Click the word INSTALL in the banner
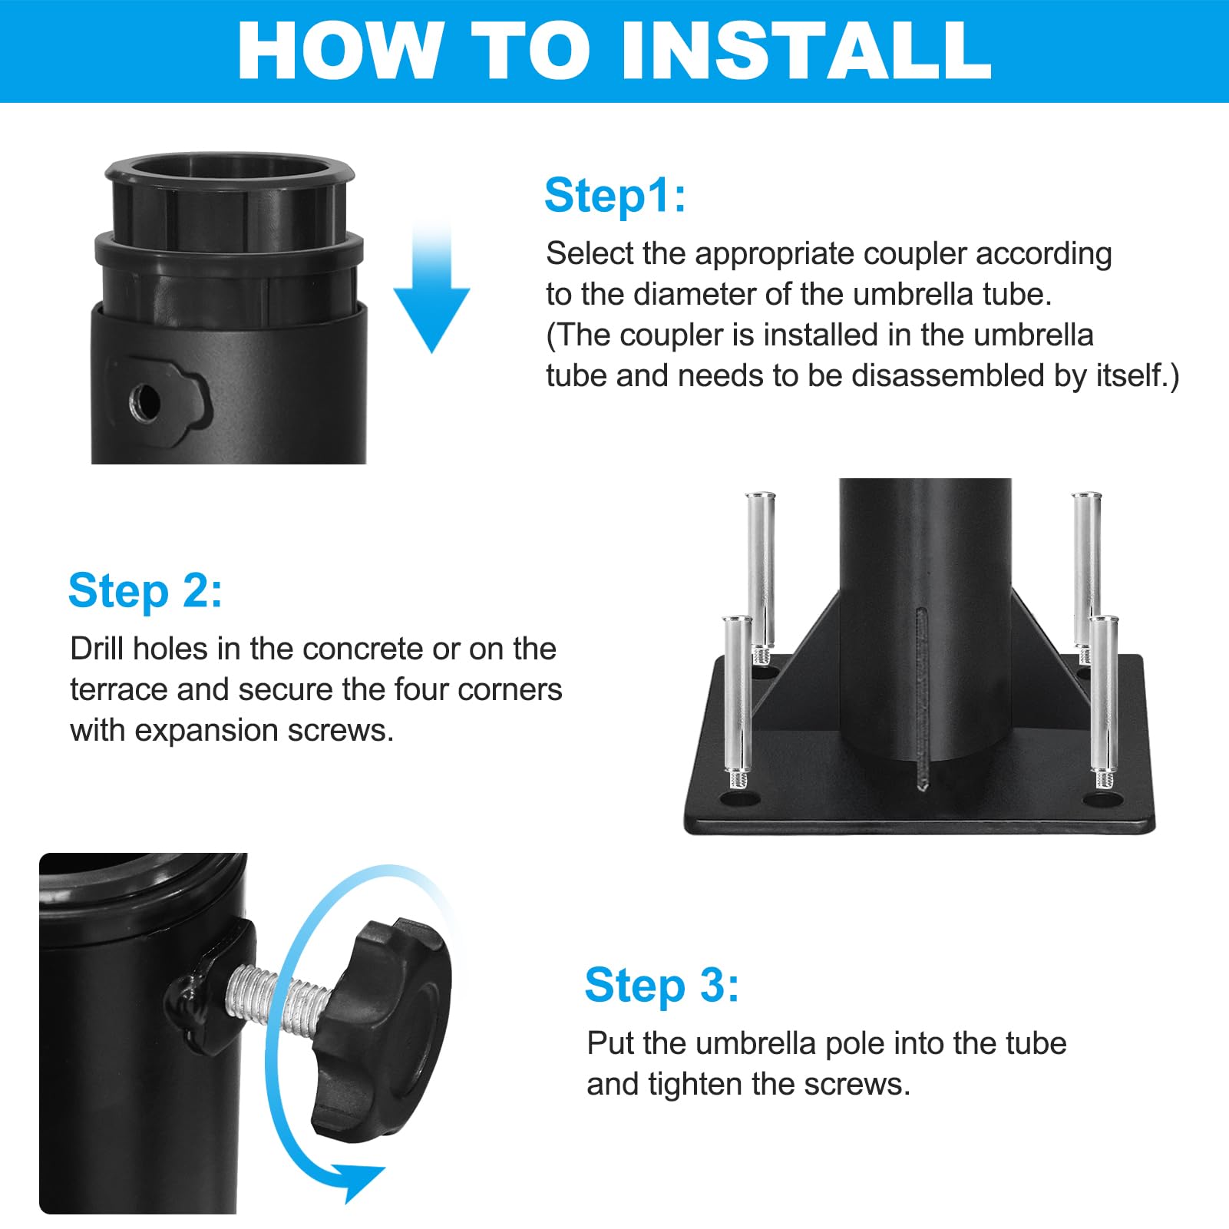(805, 51)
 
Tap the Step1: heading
(615, 195)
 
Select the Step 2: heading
(145, 590)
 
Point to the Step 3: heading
(662, 985)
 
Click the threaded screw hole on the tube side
(145, 401)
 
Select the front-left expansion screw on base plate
(737, 702)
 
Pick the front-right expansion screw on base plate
(1102, 702)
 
